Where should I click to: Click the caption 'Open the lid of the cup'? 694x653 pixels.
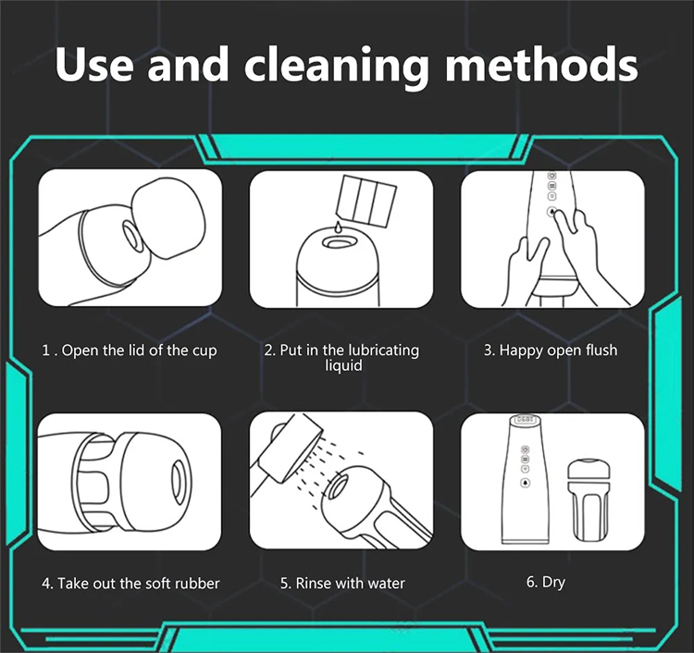tap(140, 351)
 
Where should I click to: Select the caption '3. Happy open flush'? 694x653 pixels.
tap(551, 350)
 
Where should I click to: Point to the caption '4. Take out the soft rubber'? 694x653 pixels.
tap(130, 583)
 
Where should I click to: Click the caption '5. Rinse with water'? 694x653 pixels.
tap(342, 583)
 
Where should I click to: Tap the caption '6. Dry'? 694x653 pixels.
tap(546, 582)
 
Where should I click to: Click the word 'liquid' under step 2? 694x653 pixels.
tap(343, 366)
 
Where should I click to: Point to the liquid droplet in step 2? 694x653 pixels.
tap(338, 227)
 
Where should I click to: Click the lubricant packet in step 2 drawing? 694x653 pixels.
tap(366, 200)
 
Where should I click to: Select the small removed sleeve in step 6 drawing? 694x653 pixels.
tap(585, 500)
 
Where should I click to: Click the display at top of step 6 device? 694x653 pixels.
tap(525, 419)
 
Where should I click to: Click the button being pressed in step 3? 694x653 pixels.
tap(552, 212)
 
